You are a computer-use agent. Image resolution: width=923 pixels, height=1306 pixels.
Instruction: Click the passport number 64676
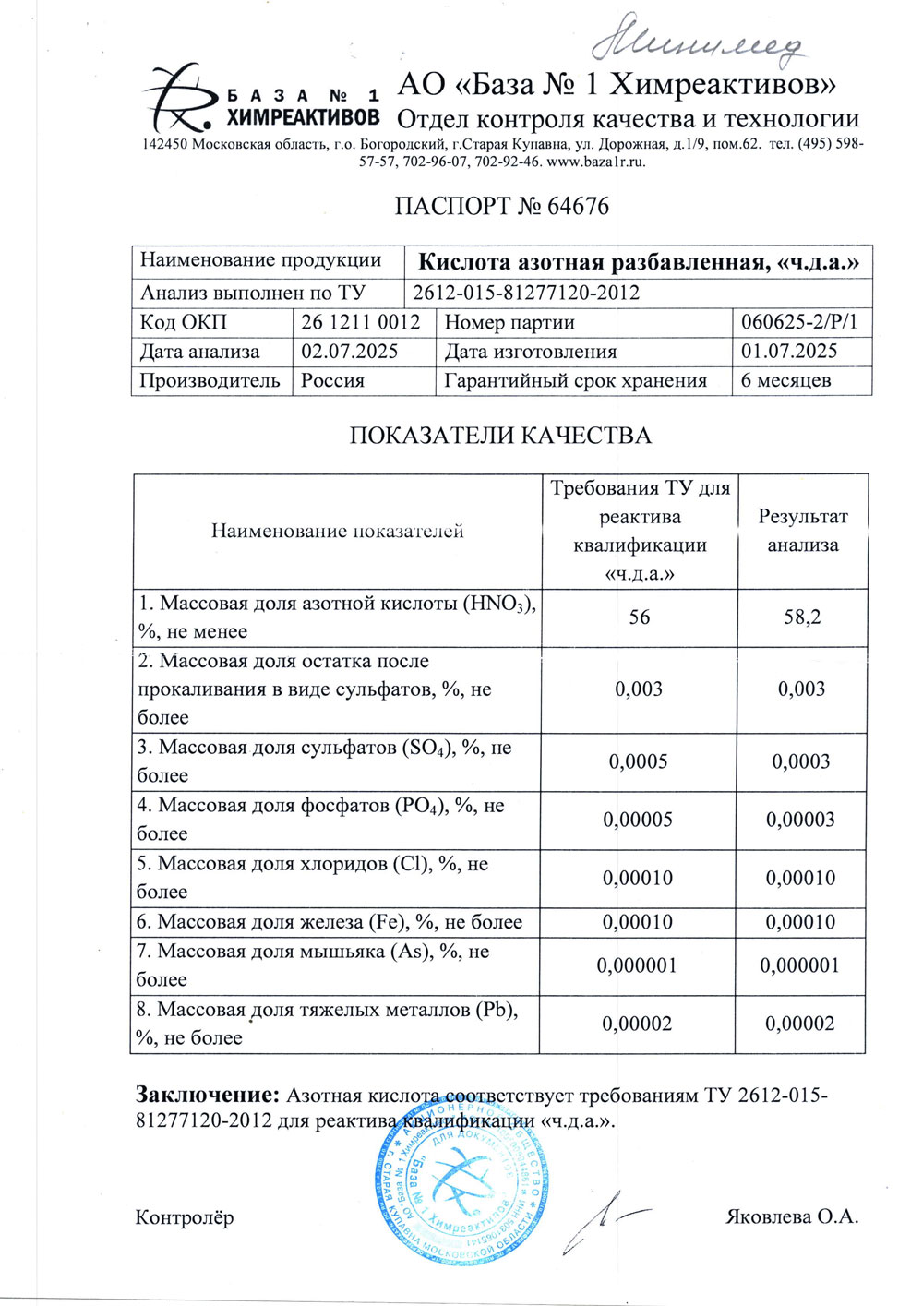[578, 206]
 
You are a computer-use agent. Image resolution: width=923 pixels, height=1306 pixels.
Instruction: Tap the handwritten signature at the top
[698, 42]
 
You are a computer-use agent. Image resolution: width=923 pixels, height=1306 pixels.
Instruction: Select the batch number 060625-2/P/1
[799, 322]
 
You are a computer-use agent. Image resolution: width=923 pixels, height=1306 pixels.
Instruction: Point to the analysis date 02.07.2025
[350, 352]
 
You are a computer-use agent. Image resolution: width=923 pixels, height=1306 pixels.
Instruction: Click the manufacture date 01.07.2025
[789, 352]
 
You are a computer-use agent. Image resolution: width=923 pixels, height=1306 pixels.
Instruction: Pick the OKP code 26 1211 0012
[360, 322]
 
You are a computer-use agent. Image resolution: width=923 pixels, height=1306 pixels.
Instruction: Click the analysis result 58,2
[802, 617]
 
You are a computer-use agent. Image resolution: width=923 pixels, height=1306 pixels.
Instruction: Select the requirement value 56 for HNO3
[639, 617]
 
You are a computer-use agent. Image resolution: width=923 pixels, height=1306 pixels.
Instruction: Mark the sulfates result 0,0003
[801, 762]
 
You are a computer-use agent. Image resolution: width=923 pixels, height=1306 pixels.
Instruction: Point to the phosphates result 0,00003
[801, 821]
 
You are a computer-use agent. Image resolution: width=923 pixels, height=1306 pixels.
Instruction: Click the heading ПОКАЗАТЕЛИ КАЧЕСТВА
[500, 436]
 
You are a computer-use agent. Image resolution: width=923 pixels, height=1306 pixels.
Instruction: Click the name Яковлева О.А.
[793, 1216]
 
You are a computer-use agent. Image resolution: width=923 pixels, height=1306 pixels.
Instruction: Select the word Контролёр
[185, 1217]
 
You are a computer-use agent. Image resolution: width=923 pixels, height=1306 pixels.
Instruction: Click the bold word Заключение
[207, 1096]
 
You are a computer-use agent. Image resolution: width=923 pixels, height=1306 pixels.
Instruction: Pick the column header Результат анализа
[802, 531]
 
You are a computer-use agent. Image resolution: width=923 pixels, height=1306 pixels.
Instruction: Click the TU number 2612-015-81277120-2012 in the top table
[526, 294]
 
